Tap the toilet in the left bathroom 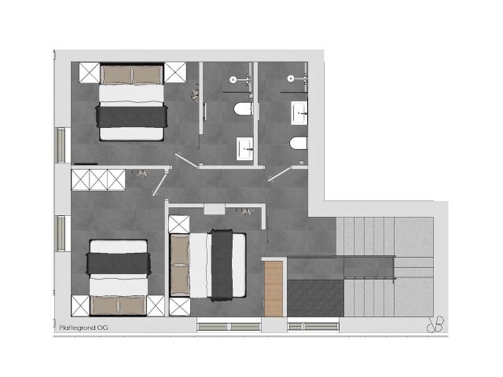click(x=243, y=109)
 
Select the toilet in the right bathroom click(x=298, y=144)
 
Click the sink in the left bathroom click(x=244, y=146)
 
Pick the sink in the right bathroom click(x=300, y=113)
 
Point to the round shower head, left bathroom click(x=234, y=79)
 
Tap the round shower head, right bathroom click(x=289, y=79)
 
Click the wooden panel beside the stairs click(x=274, y=289)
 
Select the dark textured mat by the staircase click(x=314, y=298)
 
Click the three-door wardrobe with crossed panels click(x=98, y=180)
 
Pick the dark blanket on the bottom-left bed click(x=118, y=263)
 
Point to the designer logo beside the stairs click(x=435, y=324)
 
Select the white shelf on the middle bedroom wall click(x=214, y=209)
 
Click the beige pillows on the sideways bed click(x=179, y=265)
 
